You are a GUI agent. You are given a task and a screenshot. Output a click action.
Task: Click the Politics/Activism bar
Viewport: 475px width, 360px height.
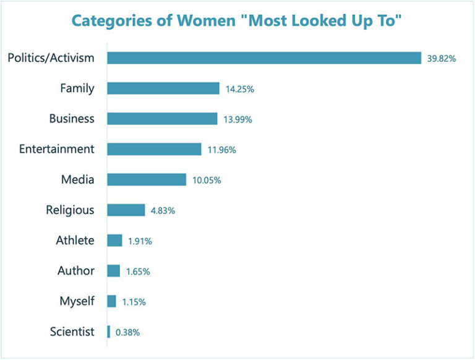264,58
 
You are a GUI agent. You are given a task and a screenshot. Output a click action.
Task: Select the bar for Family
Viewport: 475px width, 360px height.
163,88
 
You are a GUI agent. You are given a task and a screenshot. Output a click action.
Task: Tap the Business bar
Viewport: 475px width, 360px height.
162,119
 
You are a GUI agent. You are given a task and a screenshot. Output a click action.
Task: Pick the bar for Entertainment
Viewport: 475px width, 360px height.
154,149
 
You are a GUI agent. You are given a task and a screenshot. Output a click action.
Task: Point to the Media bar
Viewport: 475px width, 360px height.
147,179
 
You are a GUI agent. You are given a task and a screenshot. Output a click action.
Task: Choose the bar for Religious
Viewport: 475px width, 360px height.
126,210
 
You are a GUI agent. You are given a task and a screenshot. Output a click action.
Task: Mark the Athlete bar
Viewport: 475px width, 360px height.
114,241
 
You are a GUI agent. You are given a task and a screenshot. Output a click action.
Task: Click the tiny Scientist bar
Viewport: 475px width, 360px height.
109,332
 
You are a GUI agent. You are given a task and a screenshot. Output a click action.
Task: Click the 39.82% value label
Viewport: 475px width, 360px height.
442,59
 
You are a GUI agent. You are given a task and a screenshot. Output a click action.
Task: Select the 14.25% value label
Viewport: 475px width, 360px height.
239,89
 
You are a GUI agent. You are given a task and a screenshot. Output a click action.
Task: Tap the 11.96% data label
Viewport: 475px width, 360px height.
221,150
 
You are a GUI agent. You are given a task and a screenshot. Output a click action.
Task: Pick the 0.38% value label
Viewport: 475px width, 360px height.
127,332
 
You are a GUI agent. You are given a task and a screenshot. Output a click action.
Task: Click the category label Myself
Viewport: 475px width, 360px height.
77,301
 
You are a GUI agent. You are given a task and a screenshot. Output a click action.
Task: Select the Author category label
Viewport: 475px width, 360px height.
76,271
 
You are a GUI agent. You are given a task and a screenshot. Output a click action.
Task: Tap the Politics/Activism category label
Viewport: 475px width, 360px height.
51,58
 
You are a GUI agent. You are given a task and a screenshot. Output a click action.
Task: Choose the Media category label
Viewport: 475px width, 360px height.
77,179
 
